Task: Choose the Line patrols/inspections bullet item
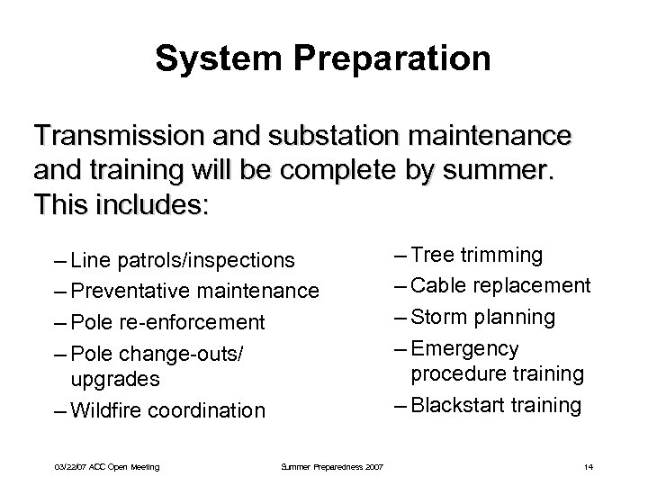tap(172, 261)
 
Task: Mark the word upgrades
tap(114, 380)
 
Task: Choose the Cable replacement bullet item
tap(500, 286)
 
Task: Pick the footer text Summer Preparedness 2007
tap(332, 466)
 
